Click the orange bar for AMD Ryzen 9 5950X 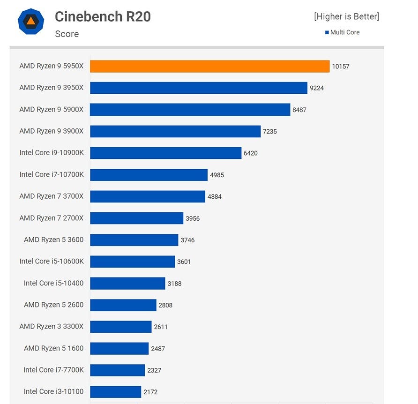coord(209,66)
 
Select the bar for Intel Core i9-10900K coord(165,153)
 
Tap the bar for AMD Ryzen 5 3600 coord(134,240)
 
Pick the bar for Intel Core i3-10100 coord(115,391)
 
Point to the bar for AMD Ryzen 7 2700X coord(136,218)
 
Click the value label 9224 coord(317,88)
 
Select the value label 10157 coord(340,67)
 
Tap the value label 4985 coord(217,175)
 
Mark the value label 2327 coord(154,370)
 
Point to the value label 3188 coord(174,284)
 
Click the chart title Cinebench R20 coord(103,17)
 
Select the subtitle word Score coord(67,34)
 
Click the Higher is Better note coord(346,16)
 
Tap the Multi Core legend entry coord(343,32)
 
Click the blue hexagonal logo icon coord(31,21)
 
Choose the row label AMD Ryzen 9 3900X coord(51,131)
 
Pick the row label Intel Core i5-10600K coord(52,261)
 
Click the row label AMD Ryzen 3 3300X coord(51,326)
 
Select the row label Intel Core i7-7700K coord(53,370)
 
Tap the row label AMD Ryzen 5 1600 coord(53,348)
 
